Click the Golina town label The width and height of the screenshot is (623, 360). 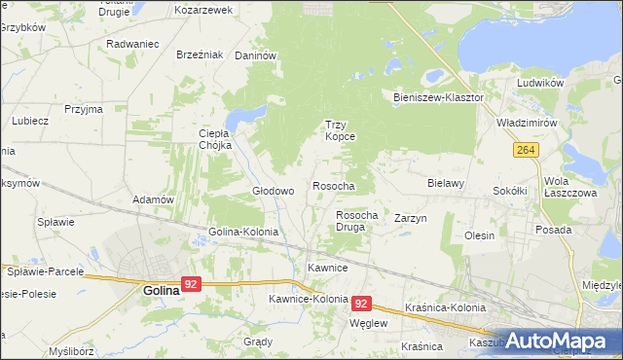[161, 289]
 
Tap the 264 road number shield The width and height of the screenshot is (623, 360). [526, 150]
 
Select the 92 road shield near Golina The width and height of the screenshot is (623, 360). [191, 284]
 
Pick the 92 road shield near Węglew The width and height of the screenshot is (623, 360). [361, 304]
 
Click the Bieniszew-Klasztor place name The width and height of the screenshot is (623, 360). [438, 98]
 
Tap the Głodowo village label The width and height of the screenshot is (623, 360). [273, 191]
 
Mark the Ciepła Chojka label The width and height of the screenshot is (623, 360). [214, 139]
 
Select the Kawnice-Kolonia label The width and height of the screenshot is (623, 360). [306, 299]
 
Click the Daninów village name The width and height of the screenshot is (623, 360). [256, 55]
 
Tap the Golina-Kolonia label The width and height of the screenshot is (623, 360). [243, 233]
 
